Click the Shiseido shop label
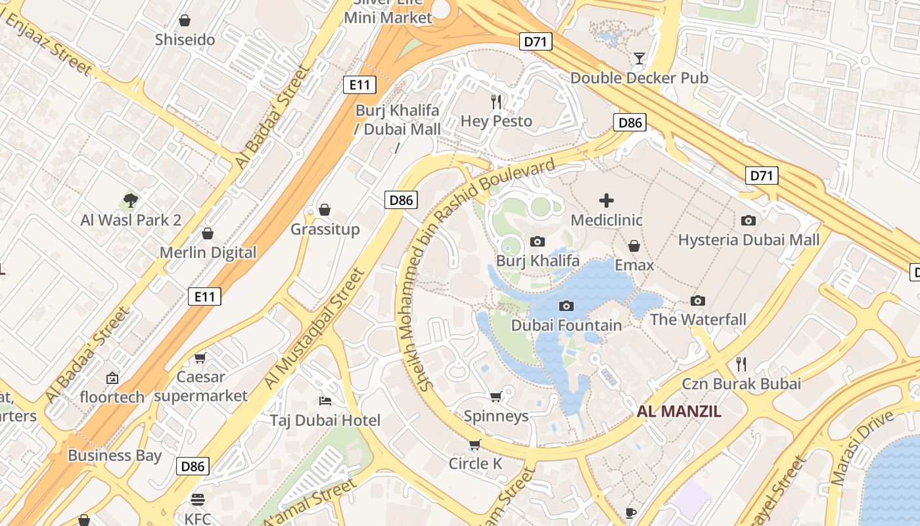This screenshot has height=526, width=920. point(185,39)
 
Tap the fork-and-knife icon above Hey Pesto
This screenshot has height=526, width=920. point(496,101)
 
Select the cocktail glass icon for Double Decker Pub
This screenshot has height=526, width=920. point(639,58)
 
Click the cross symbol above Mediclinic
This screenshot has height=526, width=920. point(606,201)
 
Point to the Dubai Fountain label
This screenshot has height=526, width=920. point(566,325)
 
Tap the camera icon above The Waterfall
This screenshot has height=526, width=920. point(698,300)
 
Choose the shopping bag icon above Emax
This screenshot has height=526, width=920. point(634,246)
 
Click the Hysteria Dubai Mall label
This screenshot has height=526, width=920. point(748,240)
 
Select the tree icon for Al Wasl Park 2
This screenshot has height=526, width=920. point(131,201)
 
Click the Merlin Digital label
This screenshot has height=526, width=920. point(208,252)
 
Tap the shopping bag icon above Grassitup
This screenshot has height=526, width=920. point(324,210)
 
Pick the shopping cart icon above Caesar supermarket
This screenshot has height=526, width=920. point(200,358)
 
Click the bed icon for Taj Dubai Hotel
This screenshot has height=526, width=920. point(325,400)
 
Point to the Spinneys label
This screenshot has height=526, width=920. point(496,416)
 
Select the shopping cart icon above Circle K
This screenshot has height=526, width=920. point(475,444)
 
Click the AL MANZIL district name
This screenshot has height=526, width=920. point(679,412)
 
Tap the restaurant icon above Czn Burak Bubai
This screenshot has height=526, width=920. point(741,364)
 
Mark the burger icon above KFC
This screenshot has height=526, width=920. point(197,499)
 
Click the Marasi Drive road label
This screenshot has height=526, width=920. point(862,448)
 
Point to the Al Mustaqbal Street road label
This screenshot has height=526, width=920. point(313,329)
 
